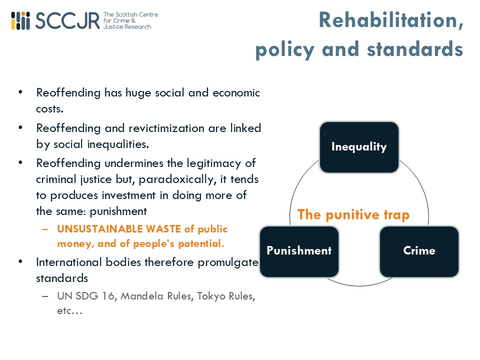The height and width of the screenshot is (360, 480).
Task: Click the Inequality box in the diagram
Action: coord(359,147)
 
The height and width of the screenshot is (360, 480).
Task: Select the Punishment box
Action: coord(299,251)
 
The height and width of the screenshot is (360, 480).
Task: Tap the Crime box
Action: coord(419,251)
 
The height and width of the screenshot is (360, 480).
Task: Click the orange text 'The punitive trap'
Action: coord(353,214)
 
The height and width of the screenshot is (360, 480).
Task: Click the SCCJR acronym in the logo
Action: coord(67,21)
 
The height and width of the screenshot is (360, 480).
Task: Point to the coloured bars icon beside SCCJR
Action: coord(20,21)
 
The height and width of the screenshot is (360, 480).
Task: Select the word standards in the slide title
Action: coord(415,49)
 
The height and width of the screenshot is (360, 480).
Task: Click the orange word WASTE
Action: coord(163,229)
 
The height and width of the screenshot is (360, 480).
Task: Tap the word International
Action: coord(69,262)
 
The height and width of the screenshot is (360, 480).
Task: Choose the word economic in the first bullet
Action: coord(236,93)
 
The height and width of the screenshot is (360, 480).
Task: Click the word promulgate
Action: coord(228,263)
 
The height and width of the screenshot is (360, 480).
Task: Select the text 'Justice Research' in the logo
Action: coord(127,26)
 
